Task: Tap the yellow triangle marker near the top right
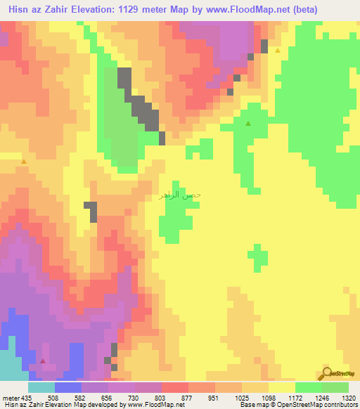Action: (278, 51)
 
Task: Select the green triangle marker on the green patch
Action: (248, 124)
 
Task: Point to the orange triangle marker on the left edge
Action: (24, 162)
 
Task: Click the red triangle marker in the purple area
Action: (44, 361)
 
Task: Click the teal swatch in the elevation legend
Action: (41, 387)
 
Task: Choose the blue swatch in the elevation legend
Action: (67, 387)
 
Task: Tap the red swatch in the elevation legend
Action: (174, 387)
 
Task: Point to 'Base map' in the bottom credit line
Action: (255, 405)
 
